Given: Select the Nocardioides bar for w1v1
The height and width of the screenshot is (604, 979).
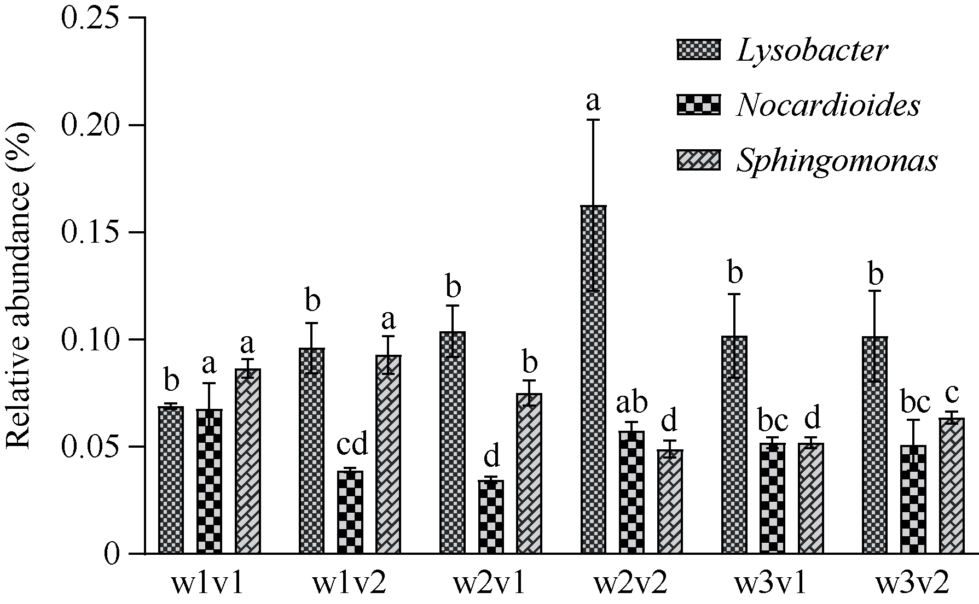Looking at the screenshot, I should tap(210, 481).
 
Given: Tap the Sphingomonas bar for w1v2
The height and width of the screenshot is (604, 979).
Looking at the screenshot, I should tap(389, 454).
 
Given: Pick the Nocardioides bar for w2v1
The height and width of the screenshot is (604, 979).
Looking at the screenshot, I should tap(491, 517).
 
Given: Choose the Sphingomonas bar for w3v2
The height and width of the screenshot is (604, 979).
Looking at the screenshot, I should tap(952, 486).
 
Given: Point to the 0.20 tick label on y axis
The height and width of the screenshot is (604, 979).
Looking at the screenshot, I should tap(90, 126).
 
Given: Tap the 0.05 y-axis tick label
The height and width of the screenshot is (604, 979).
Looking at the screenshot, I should tap(90, 447).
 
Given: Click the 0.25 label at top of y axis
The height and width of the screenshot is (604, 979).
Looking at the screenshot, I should tap(90, 19).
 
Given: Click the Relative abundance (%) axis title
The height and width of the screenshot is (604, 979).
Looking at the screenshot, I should tap(20, 286).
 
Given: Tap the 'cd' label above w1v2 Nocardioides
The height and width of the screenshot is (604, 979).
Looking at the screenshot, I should tap(351, 444).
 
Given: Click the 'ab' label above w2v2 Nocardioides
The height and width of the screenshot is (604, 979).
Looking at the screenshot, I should tap(632, 403).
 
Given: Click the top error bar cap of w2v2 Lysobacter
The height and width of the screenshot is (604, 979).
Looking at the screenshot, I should tap(593, 120).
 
